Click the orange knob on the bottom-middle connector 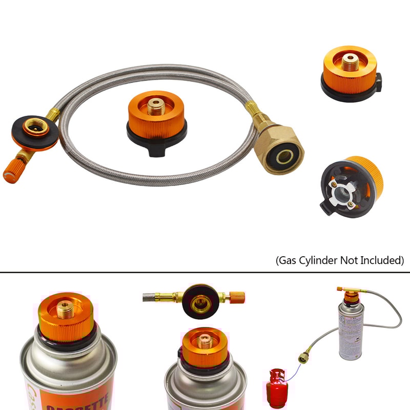pos(236,296)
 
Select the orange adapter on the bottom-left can pos(66,318)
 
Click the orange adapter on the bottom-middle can pos(204,348)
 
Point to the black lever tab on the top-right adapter pos(379,81)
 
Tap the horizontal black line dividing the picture pos(205,273)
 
